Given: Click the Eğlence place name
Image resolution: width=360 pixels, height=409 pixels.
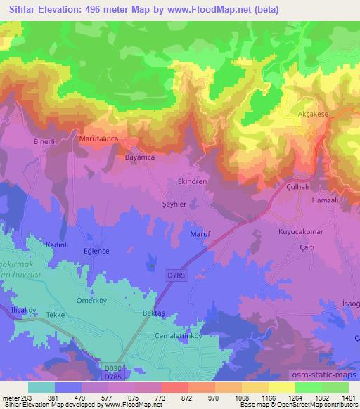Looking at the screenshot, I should [96, 251].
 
